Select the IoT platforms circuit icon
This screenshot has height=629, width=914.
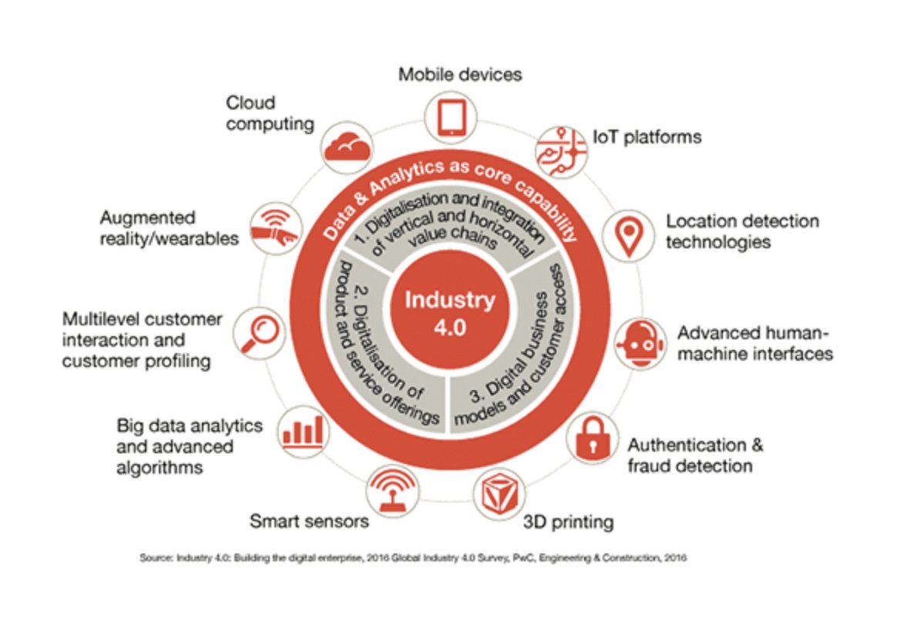tap(561, 144)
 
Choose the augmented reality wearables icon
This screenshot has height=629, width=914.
tap(275, 229)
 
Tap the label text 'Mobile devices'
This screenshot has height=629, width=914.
tap(460, 74)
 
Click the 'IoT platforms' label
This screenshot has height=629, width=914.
tap(647, 137)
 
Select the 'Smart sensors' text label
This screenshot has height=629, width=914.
tap(309, 522)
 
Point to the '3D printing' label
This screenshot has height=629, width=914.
tap(568, 522)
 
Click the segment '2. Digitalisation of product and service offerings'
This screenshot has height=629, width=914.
tap(370, 347)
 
